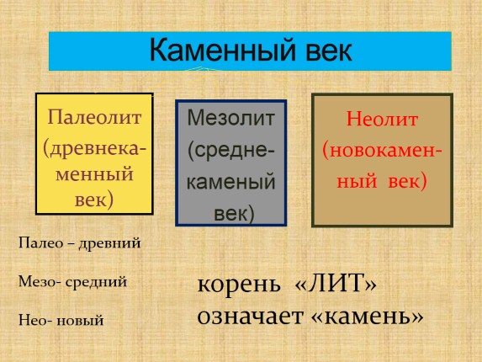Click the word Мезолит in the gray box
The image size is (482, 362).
[x=230, y=118]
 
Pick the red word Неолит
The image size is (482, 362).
[x=383, y=120]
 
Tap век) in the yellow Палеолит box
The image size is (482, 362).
[x=94, y=200]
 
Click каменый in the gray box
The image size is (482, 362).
[x=230, y=181]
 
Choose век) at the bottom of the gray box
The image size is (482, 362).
[x=230, y=211]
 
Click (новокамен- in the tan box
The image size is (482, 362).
[x=383, y=151]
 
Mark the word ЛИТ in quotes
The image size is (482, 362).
[x=347, y=285]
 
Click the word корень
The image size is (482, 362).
[x=237, y=285]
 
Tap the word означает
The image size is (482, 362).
[x=250, y=316]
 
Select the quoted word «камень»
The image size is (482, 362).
[x=368, y=316]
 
